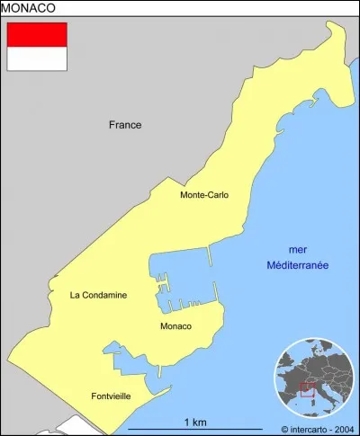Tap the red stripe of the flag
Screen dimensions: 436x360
click(37, 34)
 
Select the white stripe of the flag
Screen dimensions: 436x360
click(37, 58)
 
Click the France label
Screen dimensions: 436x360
click(125, 125)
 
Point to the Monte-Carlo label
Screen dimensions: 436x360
click(203, 194)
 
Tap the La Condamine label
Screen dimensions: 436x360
click(98, 295)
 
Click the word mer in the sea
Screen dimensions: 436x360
click(297, 249)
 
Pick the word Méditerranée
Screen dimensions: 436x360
click(297, 265)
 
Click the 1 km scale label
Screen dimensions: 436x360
click(195, 422)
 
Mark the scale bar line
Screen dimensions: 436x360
click(195, 430)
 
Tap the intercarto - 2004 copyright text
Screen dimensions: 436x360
click(319, 429)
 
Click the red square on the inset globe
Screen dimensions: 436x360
click(306, 389)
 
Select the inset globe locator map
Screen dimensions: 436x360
click(315, 379)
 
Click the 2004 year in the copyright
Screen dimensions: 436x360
click(346, 429)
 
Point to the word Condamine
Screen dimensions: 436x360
click(104, 295)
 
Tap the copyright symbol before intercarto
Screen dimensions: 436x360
click(284, 429)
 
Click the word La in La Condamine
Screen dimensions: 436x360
click(75, 295)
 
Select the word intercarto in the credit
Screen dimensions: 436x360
click(310, 429)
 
